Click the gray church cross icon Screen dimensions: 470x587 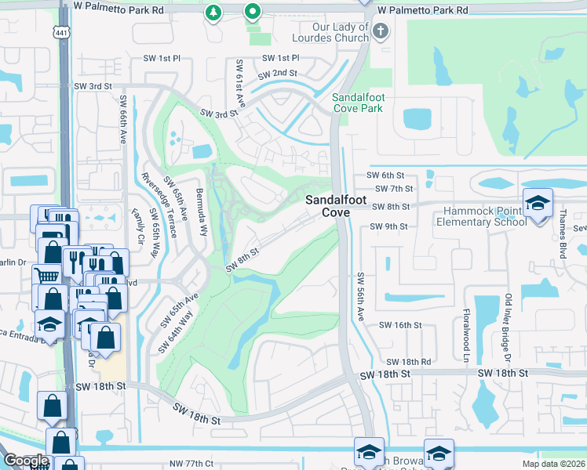tap(380, 32)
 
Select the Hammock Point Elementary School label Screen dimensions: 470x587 tap(485, 216)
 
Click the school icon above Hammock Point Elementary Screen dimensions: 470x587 tap(538, 203)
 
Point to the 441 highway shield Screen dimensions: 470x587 tap(61, 31)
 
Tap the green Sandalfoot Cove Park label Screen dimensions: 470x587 tap(358, 103)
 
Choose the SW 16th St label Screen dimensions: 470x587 tap(400, 324)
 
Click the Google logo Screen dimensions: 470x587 tap(26, 461)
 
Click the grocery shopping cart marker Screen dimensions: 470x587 tap(47, 276)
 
